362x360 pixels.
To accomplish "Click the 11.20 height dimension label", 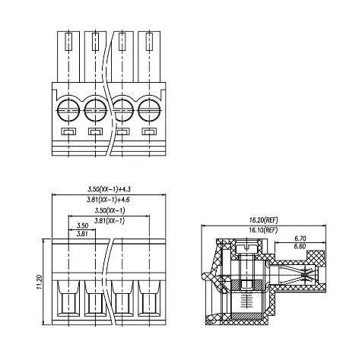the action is click(x=39, y=282).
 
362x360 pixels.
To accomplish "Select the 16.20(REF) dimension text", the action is click(x=263, y=220).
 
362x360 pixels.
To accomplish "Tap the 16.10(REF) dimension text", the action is click(x=263, y=230).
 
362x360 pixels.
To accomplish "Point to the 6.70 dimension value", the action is click(x=300, y=238).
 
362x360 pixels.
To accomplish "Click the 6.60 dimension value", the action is click(x=300, y=246).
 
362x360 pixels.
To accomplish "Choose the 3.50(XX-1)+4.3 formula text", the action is click(x=110, y=189).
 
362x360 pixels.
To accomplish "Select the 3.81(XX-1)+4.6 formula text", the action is click(x=108, y=200).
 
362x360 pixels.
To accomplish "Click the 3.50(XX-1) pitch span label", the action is click(x=110, y=210).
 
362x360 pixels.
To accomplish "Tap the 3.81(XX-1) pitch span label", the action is click(x=110, y=221).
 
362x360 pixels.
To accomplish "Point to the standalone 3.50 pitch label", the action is click(x=82, y=226).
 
